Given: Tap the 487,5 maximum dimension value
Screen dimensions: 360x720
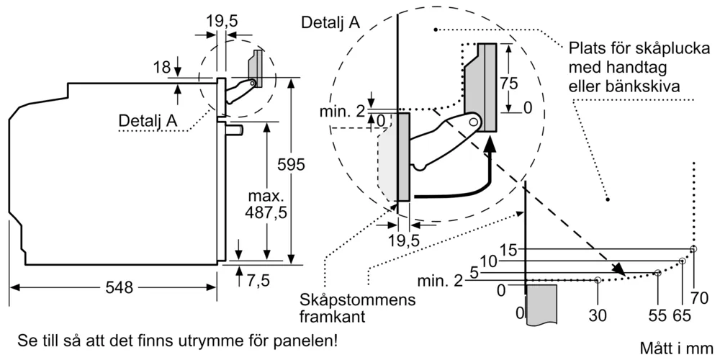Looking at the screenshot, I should pyautogui.click(x=267, y=204).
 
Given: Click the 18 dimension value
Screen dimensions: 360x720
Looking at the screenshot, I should pyautogui.click(x=162, y=68).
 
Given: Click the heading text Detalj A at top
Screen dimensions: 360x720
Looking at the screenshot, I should pyautogui.click(x=330, y=22).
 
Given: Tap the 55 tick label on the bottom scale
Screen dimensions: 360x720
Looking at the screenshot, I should pyautogui.click(x=657, y=315).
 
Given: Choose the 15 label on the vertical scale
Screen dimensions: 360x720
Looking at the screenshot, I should pyautogui.click(x=509, y=250).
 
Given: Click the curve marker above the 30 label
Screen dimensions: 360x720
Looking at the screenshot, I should pyautogui.click(x=598, y=279).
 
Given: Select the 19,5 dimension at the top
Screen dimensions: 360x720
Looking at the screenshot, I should pyautogui.click(x=222, y=22).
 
